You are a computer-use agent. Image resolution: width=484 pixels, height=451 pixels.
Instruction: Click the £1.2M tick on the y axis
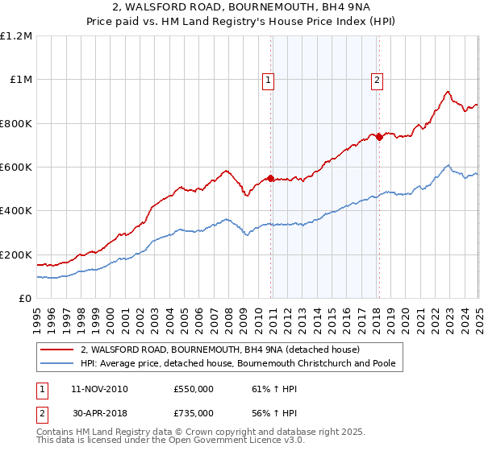coord(16,35)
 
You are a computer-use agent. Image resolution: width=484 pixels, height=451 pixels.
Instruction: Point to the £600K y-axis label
coord(16,168)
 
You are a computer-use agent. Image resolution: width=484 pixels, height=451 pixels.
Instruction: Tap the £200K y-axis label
coord(16,254)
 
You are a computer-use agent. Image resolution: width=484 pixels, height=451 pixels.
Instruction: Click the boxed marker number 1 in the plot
coord(268,80)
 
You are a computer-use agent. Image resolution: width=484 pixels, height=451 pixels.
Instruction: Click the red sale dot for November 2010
coord(271,178)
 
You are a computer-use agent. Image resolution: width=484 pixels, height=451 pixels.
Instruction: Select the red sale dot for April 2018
coord(379,137)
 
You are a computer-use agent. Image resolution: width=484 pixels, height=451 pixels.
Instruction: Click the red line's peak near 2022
coord(448,92)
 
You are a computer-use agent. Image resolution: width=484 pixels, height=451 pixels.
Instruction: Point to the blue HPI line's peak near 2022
coord(448,166)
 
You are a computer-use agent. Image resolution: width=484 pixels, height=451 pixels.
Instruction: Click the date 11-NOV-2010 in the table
coord(99,389)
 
